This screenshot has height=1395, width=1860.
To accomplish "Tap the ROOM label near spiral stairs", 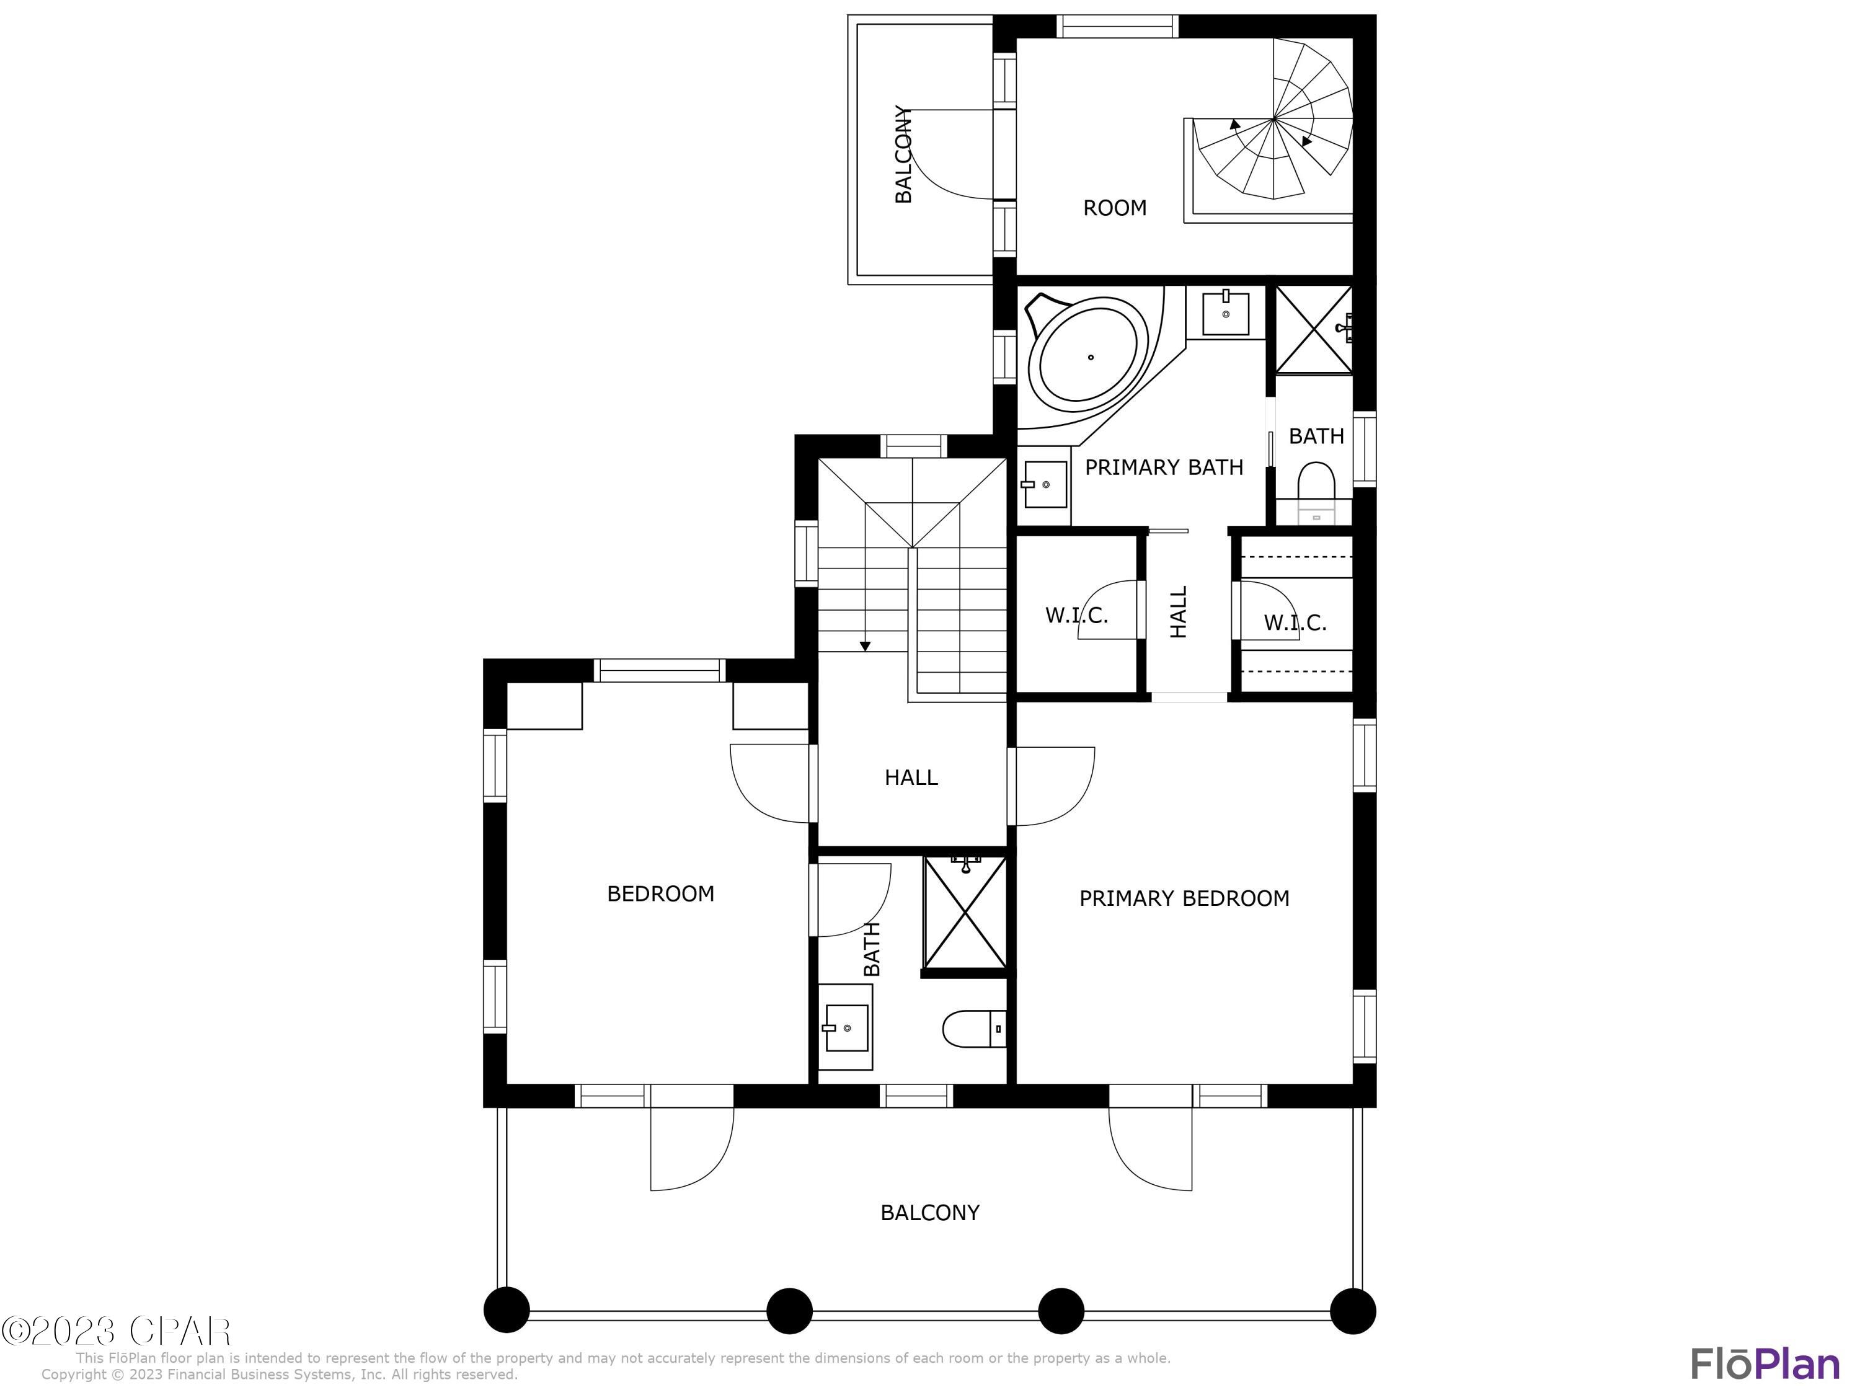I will (x=1114, y=208).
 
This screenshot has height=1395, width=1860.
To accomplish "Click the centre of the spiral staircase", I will (x=1275, y=120).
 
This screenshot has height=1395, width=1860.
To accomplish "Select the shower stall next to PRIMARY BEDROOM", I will (x=965, y=913).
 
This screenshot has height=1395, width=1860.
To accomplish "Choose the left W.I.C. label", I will (x=1076, y=616).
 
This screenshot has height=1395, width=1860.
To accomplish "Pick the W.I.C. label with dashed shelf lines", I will (x=1294, y=623).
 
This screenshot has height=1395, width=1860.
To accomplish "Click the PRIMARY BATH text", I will (x=1164, y=467).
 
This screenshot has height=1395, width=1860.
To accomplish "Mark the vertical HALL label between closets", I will (x=1179, y=611).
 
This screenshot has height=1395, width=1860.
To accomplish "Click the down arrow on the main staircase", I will (x=864, y=646).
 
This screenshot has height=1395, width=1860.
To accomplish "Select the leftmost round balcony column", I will (x=506, y=1310).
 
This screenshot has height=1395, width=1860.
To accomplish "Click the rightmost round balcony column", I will (x=1352, y=1310).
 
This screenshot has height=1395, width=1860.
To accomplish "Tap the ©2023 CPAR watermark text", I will (x=116, y=1331).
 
